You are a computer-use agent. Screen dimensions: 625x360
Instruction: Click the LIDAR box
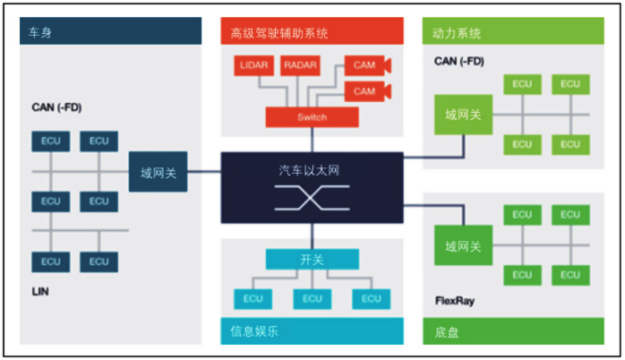click(x=254, y=65)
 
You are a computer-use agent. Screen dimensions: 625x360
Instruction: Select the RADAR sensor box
click(x=300, y=65)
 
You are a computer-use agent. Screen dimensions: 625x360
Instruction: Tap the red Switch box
click(x=312, y=117)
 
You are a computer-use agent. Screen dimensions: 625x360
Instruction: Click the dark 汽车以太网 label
click(x=309, y=171)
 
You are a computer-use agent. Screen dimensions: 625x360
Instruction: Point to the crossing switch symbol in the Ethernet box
click(x=312, y=198)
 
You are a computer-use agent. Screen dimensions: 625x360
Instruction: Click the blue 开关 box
click(x=312, y=260)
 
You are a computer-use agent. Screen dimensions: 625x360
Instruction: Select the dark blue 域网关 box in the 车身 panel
click(x=158, y=172)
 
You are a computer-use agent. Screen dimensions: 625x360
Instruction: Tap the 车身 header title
click(x=40, y=32)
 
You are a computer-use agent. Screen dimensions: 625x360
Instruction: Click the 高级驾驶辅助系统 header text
click(x=279, y=33)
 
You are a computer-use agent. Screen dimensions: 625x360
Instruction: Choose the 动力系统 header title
click(x=457, y=33)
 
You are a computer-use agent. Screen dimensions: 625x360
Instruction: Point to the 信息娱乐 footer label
click(x=254, y=331)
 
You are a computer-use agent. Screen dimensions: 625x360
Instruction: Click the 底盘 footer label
click(x=447, y=332)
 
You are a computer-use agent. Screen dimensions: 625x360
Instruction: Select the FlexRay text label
click(x=455, y=301)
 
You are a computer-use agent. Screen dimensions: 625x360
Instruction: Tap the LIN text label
click(x=40, y=291)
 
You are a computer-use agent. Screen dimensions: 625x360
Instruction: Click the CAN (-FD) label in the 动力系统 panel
click(x=459, y=62)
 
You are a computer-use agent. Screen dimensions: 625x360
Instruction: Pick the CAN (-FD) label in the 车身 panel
click(x=56, y=107)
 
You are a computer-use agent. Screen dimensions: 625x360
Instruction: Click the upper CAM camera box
click(x=367, y=65)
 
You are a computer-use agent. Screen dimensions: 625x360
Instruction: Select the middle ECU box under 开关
click(x=312, y=299)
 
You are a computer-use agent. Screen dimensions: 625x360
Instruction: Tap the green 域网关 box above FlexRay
click(x=463, y=245)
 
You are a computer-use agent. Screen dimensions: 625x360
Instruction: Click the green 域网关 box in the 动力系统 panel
click(x=463, y=115)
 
